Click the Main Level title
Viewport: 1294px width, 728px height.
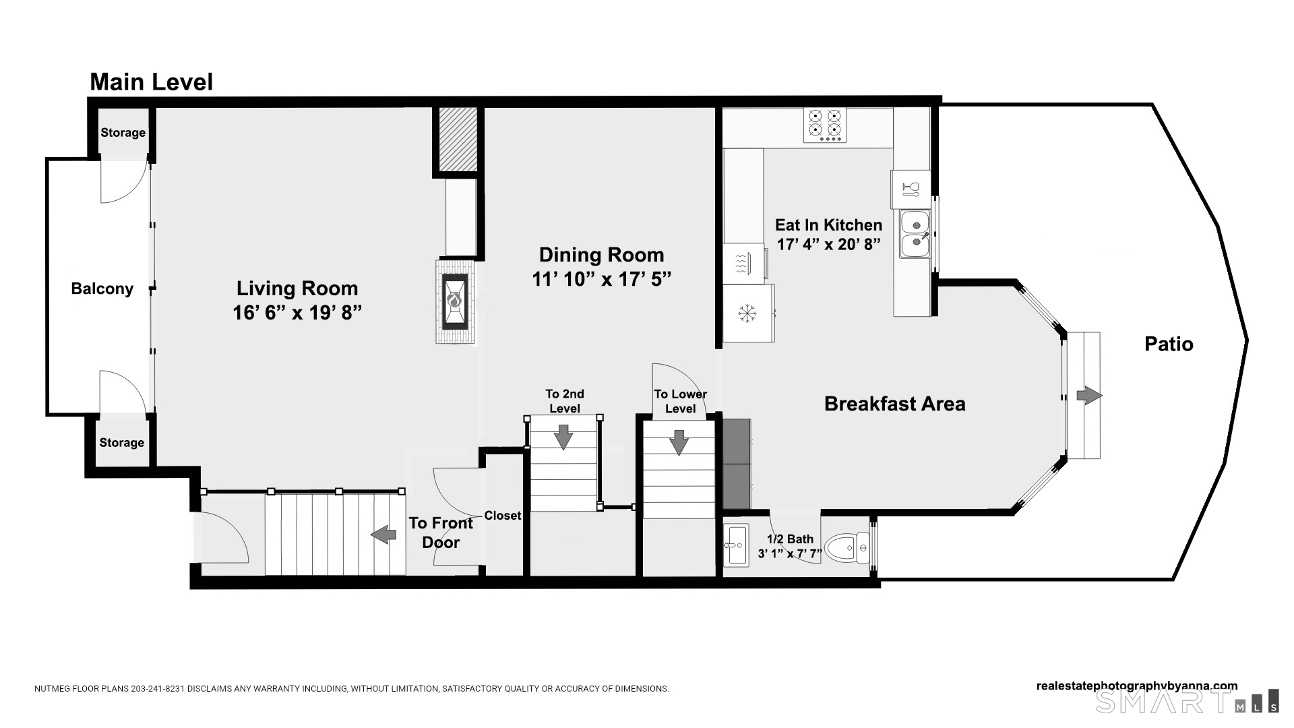(152, 82)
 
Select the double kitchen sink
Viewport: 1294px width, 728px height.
(915, 234)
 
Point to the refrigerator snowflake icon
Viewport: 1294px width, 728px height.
(745, 313)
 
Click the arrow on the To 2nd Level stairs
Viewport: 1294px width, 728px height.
(563, 437)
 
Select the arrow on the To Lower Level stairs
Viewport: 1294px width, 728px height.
(679, 442)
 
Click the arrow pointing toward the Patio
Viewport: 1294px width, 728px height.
(1088, 396)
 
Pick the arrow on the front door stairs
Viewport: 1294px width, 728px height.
(383, 535)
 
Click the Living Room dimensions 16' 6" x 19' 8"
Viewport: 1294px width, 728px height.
(297, 313)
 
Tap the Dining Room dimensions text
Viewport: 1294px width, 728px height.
(601, 279)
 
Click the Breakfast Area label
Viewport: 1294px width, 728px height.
(894, 404)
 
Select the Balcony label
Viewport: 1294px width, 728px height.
(102, 289)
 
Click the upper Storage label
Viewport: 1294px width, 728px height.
(123, 133)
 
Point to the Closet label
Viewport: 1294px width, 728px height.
(502, 516)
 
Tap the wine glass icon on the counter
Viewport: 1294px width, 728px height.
(911, 189)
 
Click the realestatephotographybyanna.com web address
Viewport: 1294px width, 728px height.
(1136, 686)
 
